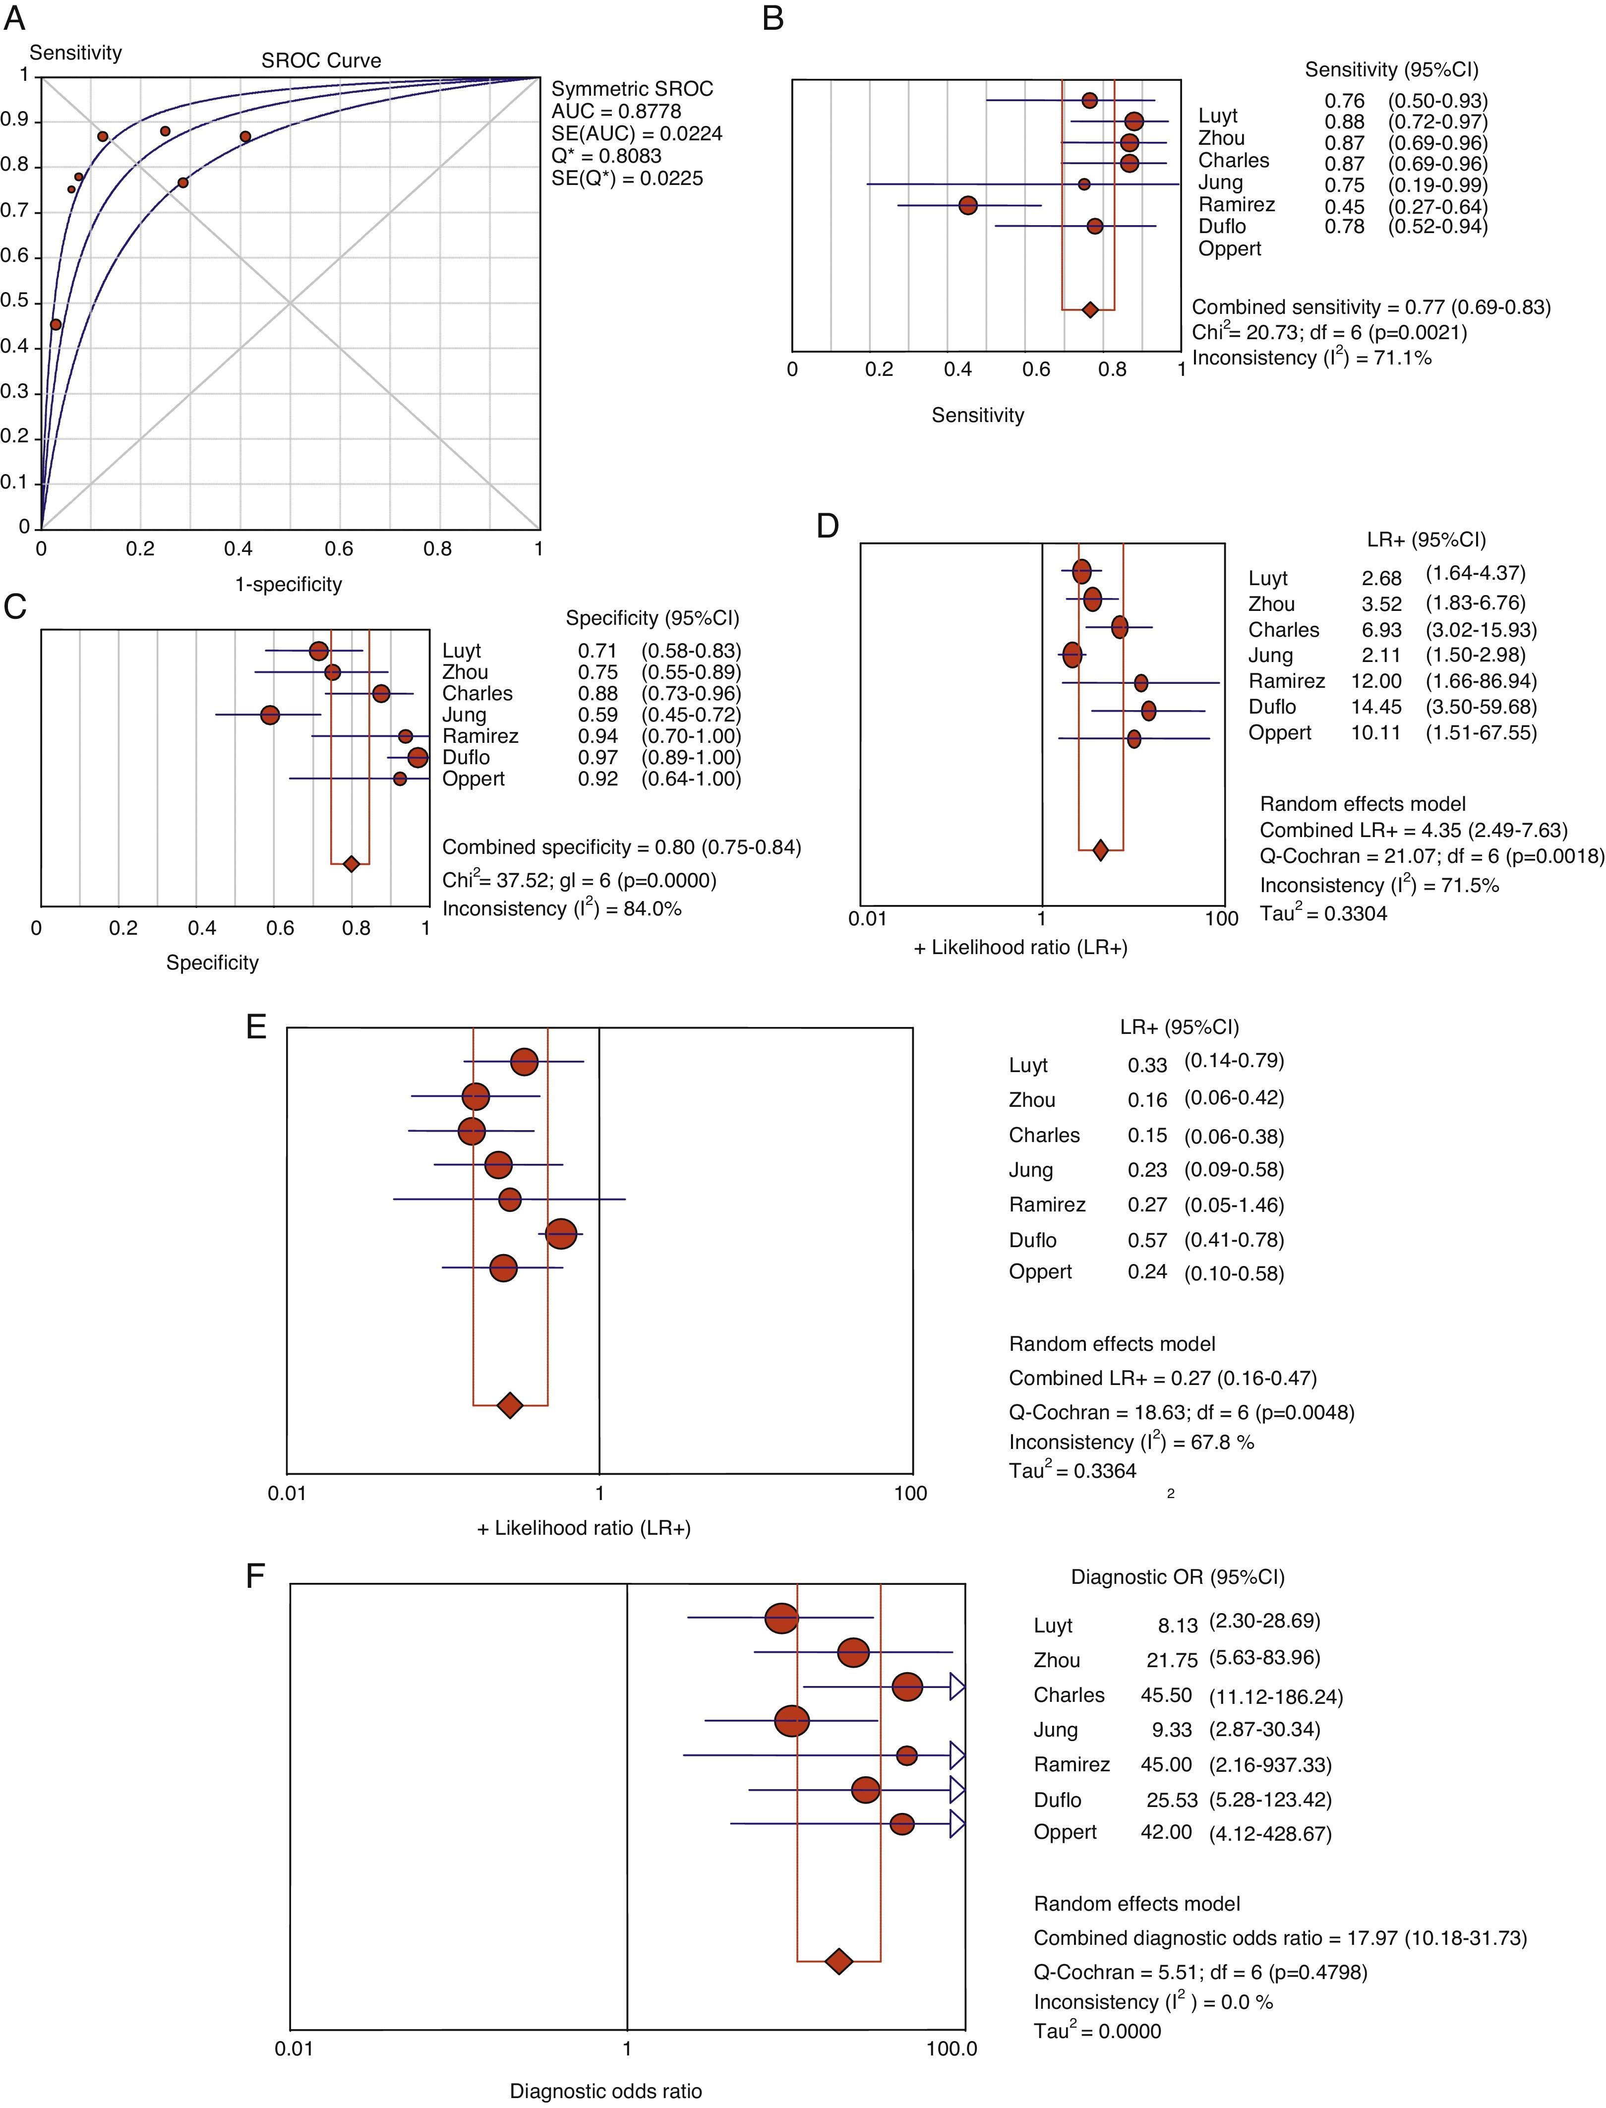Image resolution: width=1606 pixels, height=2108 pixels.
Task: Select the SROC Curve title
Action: point(321,60)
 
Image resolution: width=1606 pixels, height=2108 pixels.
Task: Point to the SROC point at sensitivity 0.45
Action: point(56,325)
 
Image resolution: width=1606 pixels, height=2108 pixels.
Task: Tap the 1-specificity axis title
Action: point(289,584)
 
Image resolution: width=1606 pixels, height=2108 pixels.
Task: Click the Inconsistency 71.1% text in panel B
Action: point(1311,359)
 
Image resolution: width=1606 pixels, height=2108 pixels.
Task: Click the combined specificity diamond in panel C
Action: point(351,864)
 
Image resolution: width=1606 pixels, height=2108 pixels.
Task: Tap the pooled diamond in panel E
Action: point(511,1404)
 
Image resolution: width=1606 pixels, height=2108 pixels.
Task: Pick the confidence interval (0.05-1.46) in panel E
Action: point(1234,1205)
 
